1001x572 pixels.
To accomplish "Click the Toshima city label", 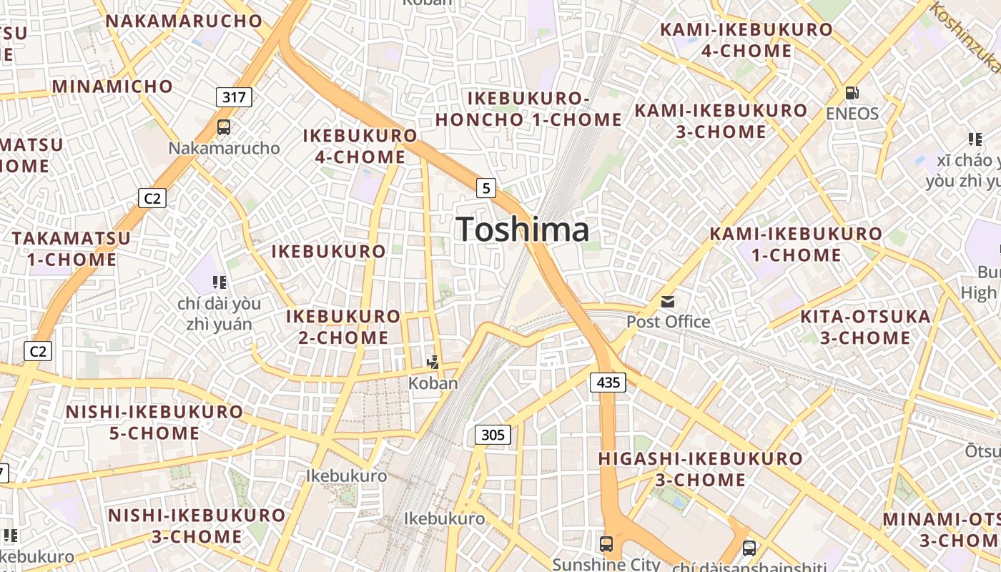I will point(523,230).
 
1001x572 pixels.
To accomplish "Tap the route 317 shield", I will point(235,97).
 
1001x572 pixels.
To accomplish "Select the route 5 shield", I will point(486,188).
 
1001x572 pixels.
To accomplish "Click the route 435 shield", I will point(608,383).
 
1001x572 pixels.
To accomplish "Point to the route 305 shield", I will point(493,434).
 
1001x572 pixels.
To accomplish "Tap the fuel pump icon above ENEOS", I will point(852,93).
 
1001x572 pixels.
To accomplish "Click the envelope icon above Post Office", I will point(668,301).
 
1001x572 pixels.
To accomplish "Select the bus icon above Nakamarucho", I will point(224,127).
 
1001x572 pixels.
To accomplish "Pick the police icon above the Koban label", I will point(433,363).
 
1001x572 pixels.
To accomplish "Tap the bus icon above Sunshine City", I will point(606,543).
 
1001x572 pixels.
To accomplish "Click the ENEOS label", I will point(852,114).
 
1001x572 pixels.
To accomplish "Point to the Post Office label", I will point(668,322).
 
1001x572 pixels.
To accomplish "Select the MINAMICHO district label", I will point(112,87).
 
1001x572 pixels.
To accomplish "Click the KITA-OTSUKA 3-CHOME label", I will point(865,327).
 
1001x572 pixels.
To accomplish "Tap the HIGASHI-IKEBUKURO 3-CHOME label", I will point(700,468).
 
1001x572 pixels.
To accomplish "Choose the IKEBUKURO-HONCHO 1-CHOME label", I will point(528,109).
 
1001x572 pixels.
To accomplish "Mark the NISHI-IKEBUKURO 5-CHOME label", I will point(154,422).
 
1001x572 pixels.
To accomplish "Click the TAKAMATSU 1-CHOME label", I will point(71,248).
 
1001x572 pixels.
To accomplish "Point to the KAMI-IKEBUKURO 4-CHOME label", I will point(746,40).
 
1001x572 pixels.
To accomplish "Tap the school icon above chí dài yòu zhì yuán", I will point(220,282).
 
